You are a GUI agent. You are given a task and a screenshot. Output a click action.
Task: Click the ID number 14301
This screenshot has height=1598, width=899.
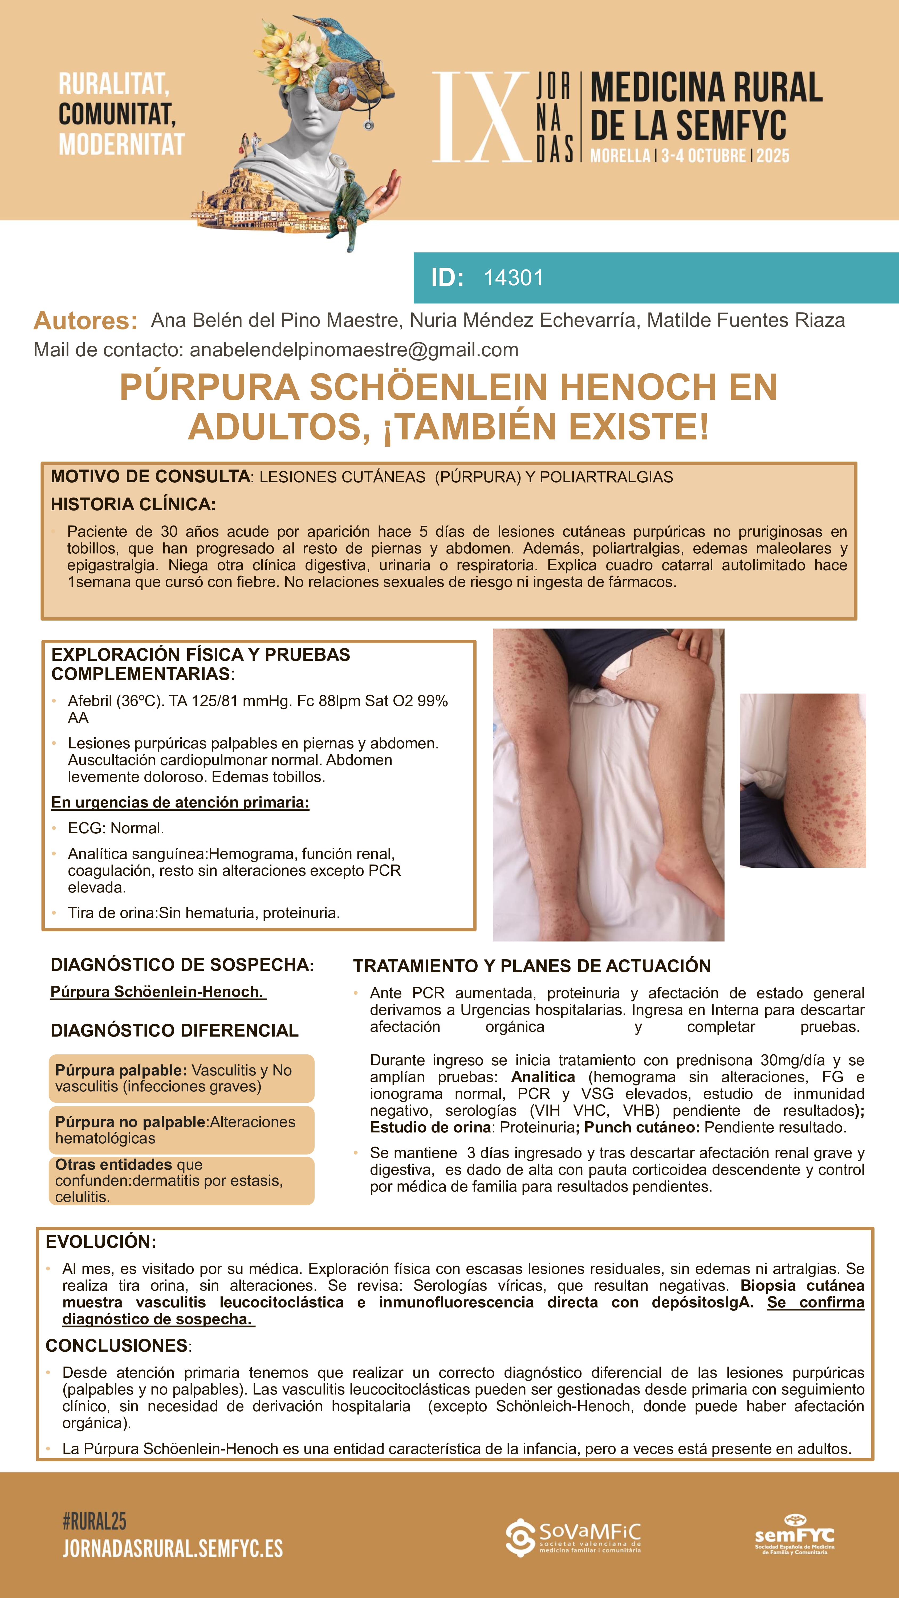(513, 278)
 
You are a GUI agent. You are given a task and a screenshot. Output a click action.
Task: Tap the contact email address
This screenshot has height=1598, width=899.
(354, 350)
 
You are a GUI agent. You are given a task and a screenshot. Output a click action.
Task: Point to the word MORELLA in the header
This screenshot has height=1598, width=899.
(619, 156)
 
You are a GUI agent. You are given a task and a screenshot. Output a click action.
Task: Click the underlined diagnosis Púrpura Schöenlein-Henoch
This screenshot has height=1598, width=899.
(158, 992)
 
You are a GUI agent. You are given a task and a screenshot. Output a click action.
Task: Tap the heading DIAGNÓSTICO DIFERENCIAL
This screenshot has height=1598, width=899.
(174, 1030)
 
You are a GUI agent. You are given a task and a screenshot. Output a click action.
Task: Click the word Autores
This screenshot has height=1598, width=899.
(86, 321)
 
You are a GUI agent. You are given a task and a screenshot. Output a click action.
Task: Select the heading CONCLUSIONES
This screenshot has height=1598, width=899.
(117, 1346)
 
